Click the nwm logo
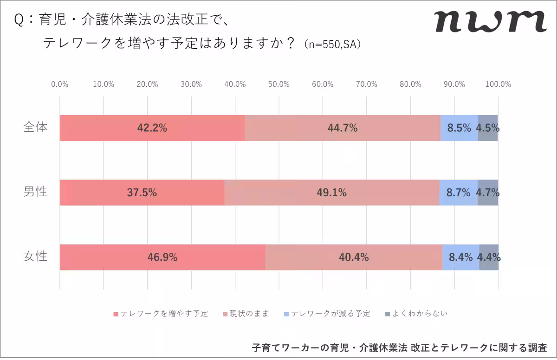(x=490, y=21)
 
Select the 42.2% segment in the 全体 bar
(x=152, y=128)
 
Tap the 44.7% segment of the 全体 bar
(x=343, y=128)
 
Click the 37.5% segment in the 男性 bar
(x=142, y=193)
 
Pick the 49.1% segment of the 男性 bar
(x=331, y=193)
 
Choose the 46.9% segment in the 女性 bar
(x=162, y=257)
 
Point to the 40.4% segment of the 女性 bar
(x=354, y=257)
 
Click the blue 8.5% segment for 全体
(x=459, y=128)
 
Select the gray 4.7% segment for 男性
(x=488, y=193)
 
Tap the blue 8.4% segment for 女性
(x=460, y=257)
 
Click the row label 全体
(x=36, y=128)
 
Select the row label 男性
(x=36, y=192)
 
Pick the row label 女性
(x=36, y=256)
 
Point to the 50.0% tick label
(x=278, y=84)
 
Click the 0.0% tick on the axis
(x=60, y=84)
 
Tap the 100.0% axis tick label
(x=498, y=84)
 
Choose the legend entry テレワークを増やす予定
(x=161, y=314)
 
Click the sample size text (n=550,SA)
(x=332, y=45)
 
